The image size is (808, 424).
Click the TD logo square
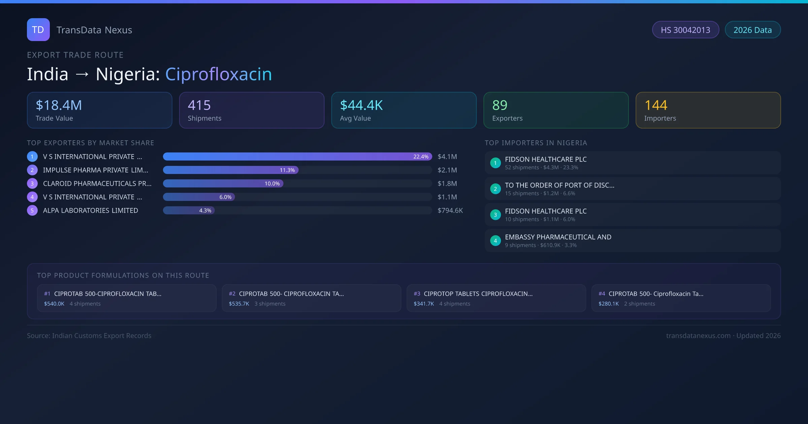tap(38, 30)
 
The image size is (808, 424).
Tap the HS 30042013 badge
tap(685, 30)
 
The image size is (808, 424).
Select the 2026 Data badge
tap(752, 30)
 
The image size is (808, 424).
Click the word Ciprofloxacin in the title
tap(218, 74)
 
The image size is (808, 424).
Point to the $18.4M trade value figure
tap(59, 105)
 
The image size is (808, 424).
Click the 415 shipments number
tap(199, 105)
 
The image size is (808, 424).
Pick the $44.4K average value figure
tap(361, 105)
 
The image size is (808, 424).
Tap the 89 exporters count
tap(500, 105)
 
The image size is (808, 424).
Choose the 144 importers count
tap(655, 105)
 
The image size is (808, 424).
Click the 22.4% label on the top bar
tap(421, 157)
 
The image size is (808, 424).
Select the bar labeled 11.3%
tap(231, 170)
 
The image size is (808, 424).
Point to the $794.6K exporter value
tap(450, 211)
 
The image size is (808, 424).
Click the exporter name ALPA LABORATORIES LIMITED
tap(91, 211)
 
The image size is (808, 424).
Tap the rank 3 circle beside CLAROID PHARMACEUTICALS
tap(32, 184)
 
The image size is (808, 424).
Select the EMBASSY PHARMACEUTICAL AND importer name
tap(558, 237)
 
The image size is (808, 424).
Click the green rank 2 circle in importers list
tap(495, 189)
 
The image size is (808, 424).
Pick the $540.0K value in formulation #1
tap(54, 304)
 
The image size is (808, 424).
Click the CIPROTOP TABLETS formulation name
tap(478, 294)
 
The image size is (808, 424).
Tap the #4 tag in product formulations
tap(602, 294)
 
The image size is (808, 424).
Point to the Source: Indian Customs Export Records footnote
tap(89, 336)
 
